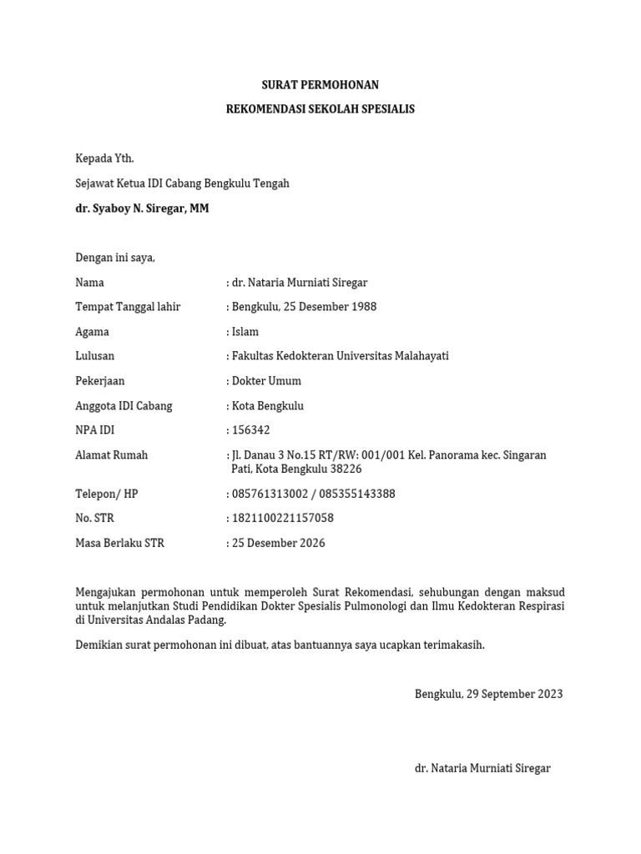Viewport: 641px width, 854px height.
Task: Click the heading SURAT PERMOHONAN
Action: [320, 85]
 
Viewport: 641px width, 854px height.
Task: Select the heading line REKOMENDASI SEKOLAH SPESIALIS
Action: [320, 109]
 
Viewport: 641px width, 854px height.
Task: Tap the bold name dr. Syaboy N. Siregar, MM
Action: [142, 208]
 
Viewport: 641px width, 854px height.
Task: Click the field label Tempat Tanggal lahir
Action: [128, 307]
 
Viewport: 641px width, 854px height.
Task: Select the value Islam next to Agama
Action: [245, 332]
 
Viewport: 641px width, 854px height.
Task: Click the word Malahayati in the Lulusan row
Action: [417, 356]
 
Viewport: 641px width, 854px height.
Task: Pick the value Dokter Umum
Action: [266, 381]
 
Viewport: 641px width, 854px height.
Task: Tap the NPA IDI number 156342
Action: [251, 430]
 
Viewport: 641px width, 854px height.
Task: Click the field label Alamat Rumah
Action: [112, 455]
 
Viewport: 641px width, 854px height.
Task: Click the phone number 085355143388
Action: [354, 494]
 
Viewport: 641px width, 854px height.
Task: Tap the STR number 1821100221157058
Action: [283, 518]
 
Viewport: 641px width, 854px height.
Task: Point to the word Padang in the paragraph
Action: [208, 620]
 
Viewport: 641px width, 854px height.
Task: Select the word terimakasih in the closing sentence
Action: [454, 645]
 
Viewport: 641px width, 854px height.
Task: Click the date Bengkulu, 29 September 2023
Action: [488, 694]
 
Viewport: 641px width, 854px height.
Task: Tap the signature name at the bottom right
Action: [482, 768]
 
